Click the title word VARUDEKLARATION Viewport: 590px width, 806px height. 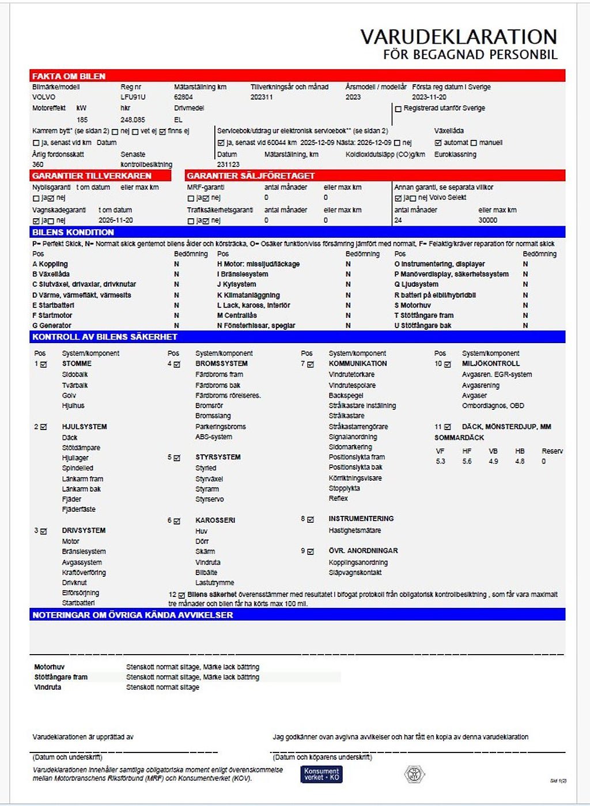(459, 37)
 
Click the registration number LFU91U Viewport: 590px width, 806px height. (133, 97)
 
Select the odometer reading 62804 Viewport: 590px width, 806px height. (183, 97)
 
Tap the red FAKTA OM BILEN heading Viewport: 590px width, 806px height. (69, 76)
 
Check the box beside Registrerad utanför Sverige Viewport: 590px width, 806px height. (398, 109)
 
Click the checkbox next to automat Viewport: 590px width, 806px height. (438, 143)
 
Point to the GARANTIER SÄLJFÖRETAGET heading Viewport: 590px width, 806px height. (251, 176)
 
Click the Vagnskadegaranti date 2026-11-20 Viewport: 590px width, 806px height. (115, 220)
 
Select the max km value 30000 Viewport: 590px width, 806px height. (487, 220)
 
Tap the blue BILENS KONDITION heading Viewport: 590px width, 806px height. (73, 233)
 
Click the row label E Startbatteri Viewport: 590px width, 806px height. (53, 305)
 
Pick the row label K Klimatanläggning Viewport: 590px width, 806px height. (248, 295)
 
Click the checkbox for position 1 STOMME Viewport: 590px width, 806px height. (44, 364)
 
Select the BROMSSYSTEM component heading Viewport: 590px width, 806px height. (221, 364)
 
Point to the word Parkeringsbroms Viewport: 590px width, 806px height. (220, 427)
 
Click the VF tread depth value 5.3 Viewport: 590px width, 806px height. (441, 462)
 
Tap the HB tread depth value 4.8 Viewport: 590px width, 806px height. (520, 462)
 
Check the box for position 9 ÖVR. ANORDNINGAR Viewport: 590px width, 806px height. (311, 552)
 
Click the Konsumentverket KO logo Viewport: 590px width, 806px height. (322, 774)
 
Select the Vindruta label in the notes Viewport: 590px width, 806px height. (47, 687)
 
